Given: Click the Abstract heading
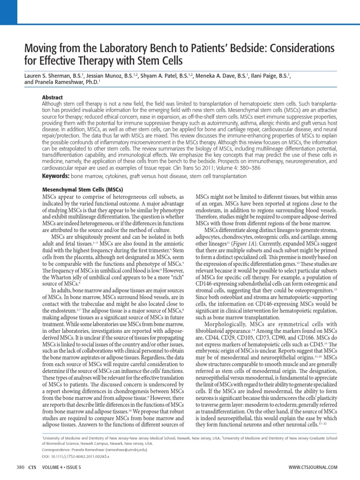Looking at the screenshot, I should tap(52, 97).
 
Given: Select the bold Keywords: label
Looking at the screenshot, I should tap(56, 176).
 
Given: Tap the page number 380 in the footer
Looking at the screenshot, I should tap(20, 467).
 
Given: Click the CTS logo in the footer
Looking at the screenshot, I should tap(32, 467).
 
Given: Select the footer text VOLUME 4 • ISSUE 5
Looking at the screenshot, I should tap(61, 467).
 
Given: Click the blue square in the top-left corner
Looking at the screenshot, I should tap(8, 12).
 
